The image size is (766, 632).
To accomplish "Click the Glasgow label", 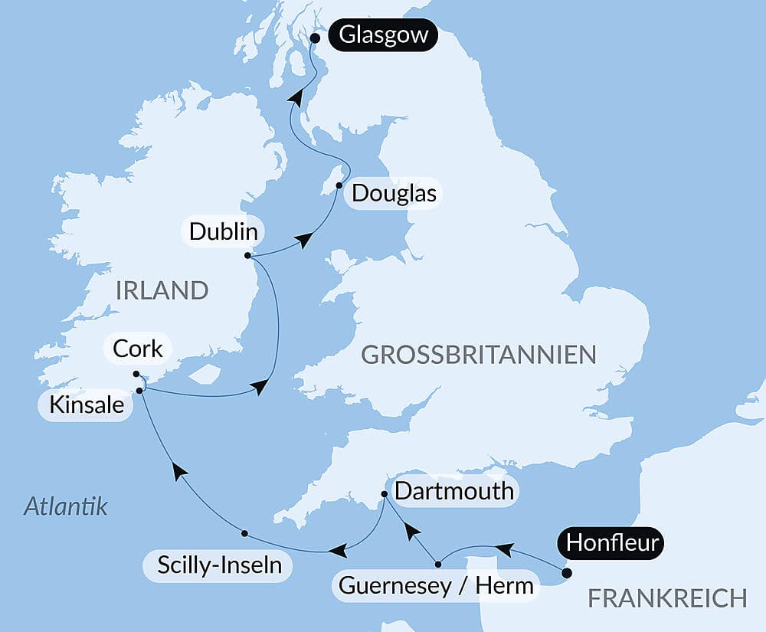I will coord(383,36).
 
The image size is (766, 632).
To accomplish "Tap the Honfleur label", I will coord(614,544).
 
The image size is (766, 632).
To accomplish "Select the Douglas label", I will coord(394,194).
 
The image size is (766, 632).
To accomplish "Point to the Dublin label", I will coord(223,231).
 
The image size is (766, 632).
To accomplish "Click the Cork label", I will coord(137,349).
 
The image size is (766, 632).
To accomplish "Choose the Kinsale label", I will coord(86,405).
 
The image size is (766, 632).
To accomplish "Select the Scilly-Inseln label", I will coord(219,565).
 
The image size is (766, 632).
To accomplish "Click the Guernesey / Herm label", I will coord(436,587).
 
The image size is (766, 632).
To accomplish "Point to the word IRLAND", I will coord(162,290).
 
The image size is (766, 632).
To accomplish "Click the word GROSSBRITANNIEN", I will coord(478,355).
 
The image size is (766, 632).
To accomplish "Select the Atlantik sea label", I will coord(66,506).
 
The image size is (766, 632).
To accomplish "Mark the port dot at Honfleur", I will coord(566,572).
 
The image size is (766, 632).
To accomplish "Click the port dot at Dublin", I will coord(247,256).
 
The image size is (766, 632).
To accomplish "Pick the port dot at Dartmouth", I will coord(385,495).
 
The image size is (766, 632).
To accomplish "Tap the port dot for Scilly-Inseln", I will coord(244,532).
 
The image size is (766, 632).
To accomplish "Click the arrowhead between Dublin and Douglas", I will coord(305,241).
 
